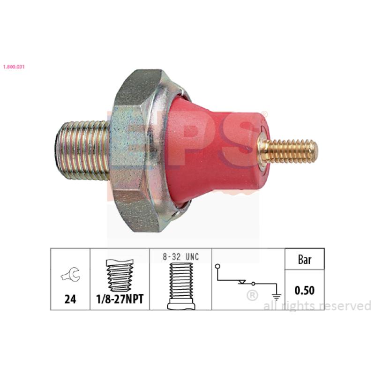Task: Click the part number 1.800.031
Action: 14,67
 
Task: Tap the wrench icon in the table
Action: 71,275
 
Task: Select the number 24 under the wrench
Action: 70,299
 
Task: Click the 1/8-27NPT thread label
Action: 120,299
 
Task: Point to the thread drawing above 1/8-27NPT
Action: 120,275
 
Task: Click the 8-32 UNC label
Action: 181,257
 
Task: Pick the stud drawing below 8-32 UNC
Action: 181,286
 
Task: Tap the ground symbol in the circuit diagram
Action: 277,297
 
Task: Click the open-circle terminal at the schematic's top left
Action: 217,266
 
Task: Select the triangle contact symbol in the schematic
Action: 242,282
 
